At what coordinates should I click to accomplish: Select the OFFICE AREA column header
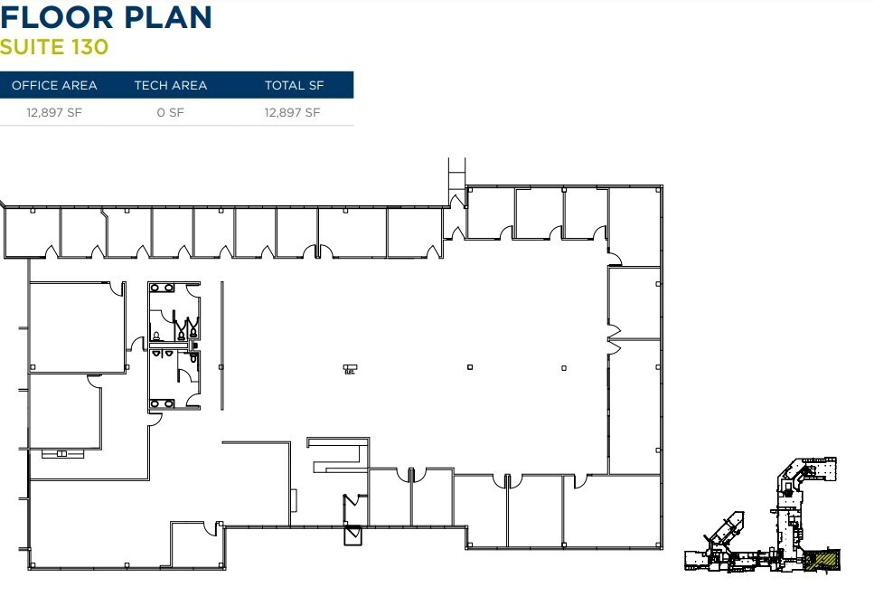[x=54, y=85]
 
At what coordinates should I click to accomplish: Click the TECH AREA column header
[x=170, y=85]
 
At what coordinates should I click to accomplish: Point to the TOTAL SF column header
[x=294, y=85]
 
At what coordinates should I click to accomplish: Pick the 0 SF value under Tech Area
[x=170, y=113]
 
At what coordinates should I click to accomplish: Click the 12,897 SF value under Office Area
[x=54, y=113]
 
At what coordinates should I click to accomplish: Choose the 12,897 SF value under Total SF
[x=292, y=113]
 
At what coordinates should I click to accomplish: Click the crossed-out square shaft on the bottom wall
[x=352, y=535]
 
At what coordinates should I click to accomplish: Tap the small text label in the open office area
[x=349, y=369]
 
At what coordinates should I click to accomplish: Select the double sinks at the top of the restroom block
[x=164, y=288]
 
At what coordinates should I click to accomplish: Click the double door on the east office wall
[x=614, y=337]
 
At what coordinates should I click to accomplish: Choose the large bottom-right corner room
[x=612, y=510]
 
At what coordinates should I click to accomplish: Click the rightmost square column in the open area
[x=564, y=367]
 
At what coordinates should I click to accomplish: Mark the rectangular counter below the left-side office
[x=61, y=451]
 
